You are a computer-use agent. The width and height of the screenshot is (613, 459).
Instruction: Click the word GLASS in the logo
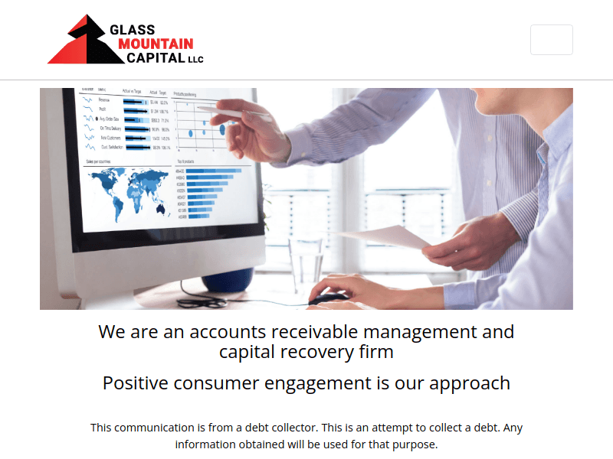click(x=133, y=30)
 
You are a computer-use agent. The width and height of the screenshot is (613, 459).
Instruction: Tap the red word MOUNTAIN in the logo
click(x=156, y=44)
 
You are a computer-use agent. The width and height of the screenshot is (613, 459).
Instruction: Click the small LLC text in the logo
click(x=196, y=59)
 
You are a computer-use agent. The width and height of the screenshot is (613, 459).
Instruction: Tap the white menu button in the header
click(x=551, y=40)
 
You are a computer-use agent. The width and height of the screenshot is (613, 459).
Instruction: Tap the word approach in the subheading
click(x=468, y=383)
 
